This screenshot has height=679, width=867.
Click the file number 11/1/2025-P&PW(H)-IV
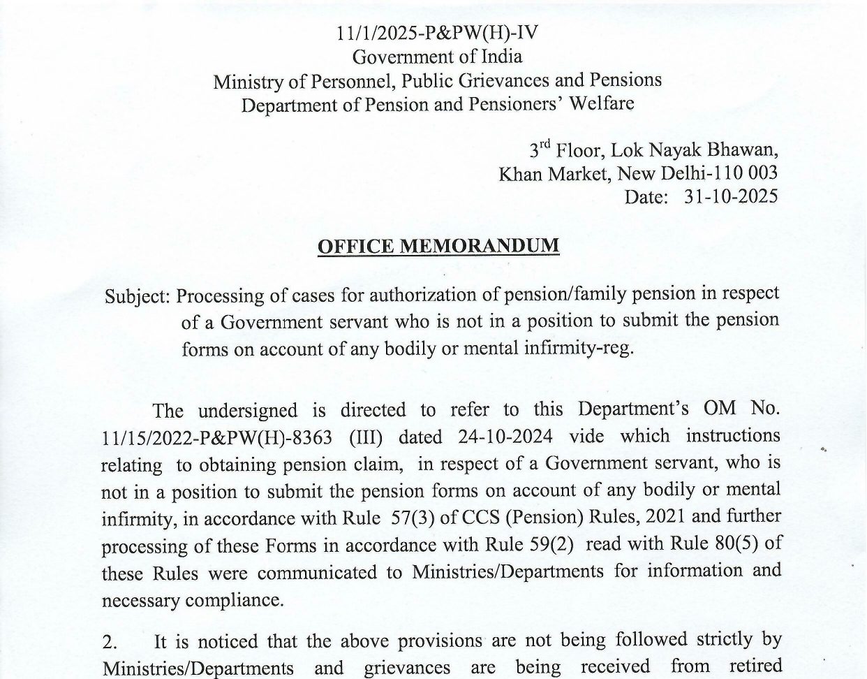click(x=437, y=33)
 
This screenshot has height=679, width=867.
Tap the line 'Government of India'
click(x=437, y=57)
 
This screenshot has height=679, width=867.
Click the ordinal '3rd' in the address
click(x=540, y=149)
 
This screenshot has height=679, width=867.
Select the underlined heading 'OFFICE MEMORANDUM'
click(x=438, y=247)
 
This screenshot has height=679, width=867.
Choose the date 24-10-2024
click(x=506, y=437)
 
